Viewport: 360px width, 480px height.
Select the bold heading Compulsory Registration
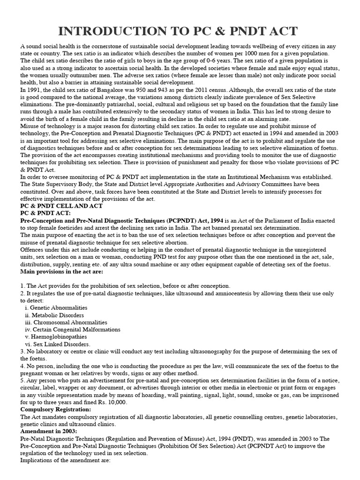point(56,409)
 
